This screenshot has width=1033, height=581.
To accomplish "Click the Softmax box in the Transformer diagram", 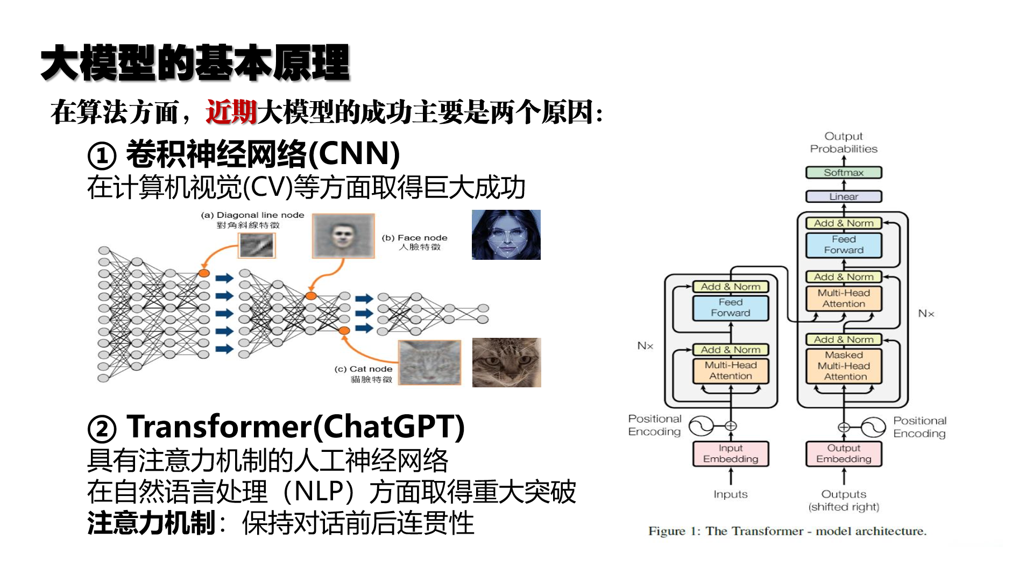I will [843, 173].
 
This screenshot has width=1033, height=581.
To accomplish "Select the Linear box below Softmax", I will [843, 196].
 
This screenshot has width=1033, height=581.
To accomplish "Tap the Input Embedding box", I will [730, 454].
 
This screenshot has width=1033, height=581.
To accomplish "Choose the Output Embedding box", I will [843, 454].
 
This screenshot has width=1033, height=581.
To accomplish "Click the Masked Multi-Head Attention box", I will [843, 366].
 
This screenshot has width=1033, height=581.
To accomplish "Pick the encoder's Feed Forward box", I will [730, 308].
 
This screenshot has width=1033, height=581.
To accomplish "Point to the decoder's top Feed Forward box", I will [843, 245].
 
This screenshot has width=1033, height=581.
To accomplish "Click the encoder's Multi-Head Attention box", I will [730, 371].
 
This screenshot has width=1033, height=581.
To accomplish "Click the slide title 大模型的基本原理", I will [195, 63].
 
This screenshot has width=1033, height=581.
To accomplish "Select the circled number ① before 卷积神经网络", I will [102, 155].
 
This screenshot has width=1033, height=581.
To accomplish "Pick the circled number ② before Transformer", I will [102, 428].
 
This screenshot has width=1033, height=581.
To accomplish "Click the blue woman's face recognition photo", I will [506, 235].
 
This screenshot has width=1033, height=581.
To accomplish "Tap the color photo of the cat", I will [506, 362].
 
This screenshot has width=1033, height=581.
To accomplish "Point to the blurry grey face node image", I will [343, 236].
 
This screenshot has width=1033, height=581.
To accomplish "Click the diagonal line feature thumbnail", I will [257, 246].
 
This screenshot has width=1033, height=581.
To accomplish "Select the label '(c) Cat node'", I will [363, 369].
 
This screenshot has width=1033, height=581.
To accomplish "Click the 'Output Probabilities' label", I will [843, 143].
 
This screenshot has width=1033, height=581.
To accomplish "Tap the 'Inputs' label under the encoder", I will [730, 494].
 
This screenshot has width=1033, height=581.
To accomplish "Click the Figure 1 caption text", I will [787, 531].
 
